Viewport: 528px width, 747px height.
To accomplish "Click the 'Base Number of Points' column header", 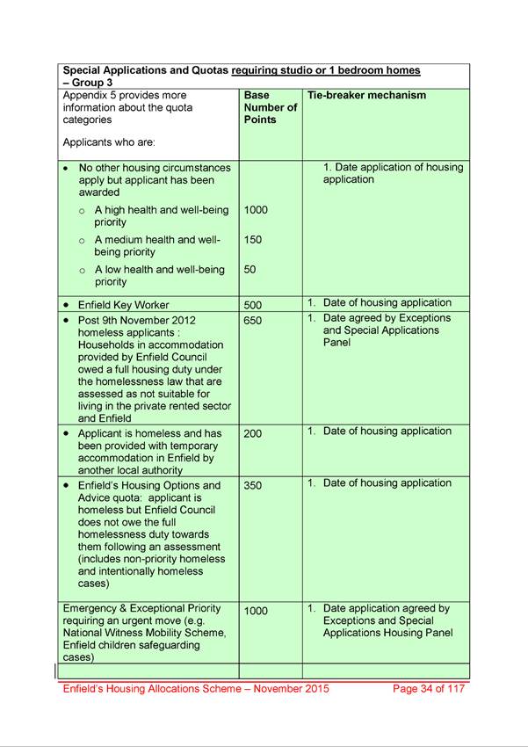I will (x=271, y=107).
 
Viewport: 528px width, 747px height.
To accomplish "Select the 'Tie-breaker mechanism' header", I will (x=366, y=95).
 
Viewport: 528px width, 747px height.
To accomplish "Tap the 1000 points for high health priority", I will (x=256, y=210).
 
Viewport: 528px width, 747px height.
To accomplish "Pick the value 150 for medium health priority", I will (x=252, y=239).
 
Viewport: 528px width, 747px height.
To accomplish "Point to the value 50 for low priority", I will (x=250, y=270).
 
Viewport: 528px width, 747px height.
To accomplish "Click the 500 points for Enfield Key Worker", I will (x=252, y=305).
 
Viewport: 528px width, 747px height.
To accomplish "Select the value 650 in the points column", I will (x=252, y=321).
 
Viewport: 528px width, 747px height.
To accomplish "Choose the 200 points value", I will (x=252, y=433).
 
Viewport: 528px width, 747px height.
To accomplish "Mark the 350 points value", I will (x=252, y=485).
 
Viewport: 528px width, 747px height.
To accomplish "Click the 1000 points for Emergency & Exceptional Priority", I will (x=256, y=611).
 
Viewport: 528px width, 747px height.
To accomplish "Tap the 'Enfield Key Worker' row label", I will (x=123, y=304).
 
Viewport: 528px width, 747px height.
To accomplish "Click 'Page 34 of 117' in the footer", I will (x=429, y=688).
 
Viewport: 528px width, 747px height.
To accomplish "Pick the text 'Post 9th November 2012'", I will (x=144, y=320).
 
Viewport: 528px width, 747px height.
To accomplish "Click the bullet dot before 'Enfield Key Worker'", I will (x=66, y=305).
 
